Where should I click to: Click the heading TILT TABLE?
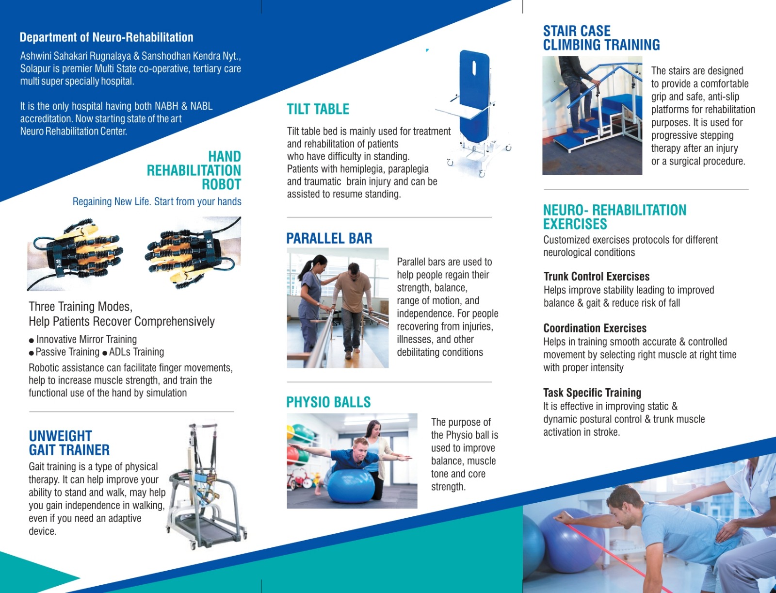pos(318,109)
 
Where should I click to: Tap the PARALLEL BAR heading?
pos(329,238)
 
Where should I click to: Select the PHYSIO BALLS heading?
pos(328,402)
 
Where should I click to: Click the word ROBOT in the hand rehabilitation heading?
pos(221,184)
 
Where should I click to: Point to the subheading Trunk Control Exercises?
pos(597,276)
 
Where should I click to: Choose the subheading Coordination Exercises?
pos(595,328)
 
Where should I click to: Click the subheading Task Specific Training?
pos(592,393)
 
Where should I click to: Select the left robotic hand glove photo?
pos(75,253)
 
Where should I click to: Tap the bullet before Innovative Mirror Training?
pos(32,341)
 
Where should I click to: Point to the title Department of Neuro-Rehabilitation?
pos(106,37)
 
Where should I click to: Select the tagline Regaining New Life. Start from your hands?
pos(157,201)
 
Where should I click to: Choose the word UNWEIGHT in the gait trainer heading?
pos(61,436)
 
